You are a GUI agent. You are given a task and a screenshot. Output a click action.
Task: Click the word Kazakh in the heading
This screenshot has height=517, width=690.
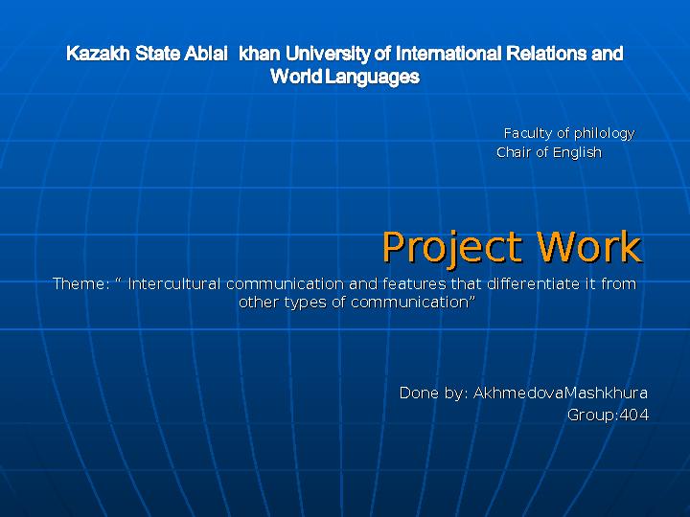point(98,54)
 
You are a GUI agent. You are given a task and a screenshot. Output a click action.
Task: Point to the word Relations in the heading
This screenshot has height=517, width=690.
point(546,54)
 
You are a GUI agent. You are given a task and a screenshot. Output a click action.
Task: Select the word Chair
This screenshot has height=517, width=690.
point(514,152)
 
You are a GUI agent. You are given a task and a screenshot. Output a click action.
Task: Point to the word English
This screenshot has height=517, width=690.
point(577,152)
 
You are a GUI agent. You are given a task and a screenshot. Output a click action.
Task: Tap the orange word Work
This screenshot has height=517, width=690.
point(588,247)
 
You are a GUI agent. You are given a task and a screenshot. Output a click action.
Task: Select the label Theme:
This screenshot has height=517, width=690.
point(80,283)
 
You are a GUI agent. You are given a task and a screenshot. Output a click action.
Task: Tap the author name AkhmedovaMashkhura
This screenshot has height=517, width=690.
point(561,393)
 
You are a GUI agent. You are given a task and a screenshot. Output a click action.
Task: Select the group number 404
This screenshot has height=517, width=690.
point(633,415)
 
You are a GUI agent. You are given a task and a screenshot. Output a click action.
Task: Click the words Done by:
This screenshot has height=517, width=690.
point(434,393)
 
